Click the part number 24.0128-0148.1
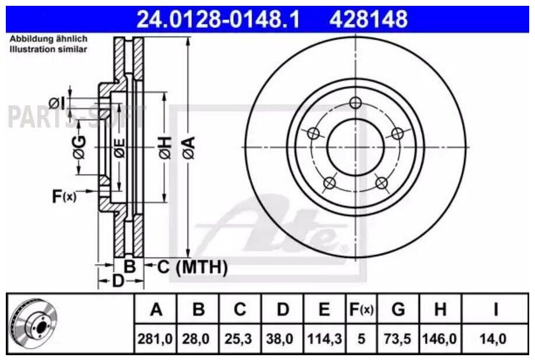pos(218,19)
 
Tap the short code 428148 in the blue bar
pos(369,19)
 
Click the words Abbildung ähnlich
pos(48,38)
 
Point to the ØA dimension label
pos(188,147)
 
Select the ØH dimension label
pos(165,147)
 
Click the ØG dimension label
pos(79,147)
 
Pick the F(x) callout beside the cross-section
pos(64,196)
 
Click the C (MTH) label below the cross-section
pos(192,267)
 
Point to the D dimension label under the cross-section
pos(118,281)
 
